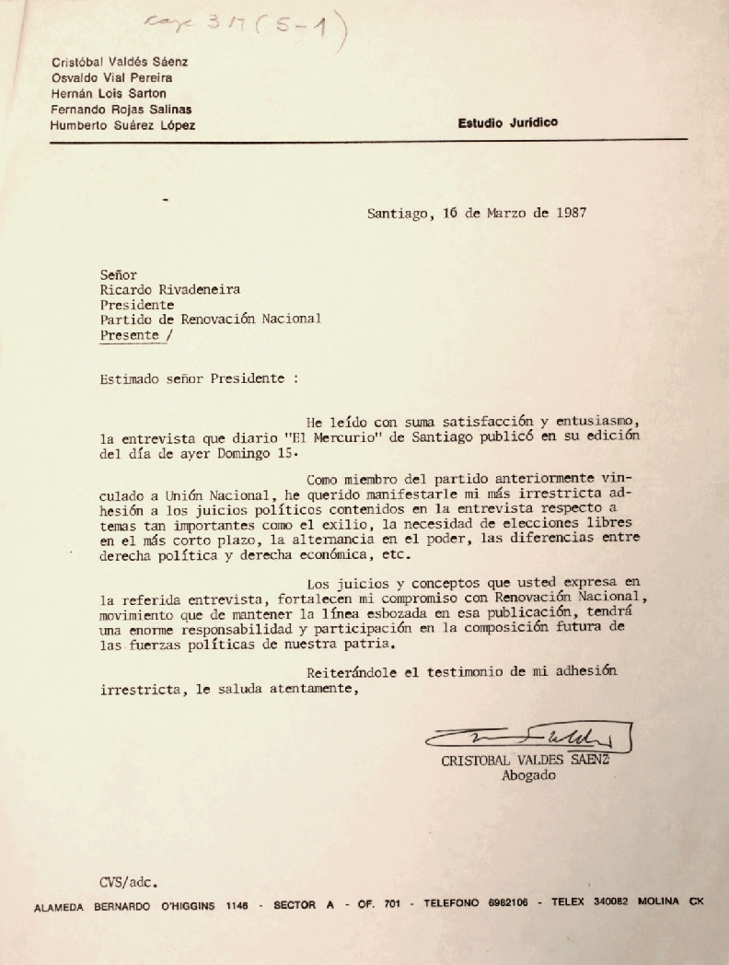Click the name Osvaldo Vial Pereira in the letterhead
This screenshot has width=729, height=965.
(x=111, y=78)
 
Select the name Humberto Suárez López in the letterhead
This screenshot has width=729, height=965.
(x=123, y=125)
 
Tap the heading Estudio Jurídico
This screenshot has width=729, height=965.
(x=508, y=122)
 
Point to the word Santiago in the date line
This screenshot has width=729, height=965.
(x=397, y=213)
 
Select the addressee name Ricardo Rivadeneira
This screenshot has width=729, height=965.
(x=171, y=289)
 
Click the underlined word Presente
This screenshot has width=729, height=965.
(x=129, y=335)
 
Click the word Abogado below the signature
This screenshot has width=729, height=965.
(x=528, y=775)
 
